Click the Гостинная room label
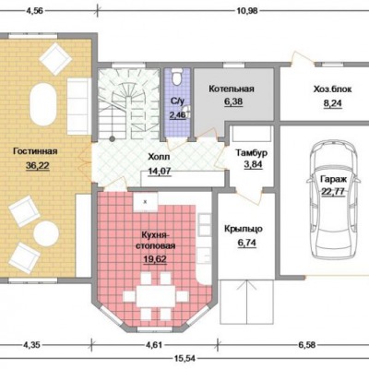pyautogui.click(x=35, y=151)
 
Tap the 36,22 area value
pyautogui.click(x=38, y=166)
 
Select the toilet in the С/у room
pyautogui.click(x=177, y=77)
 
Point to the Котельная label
pyautogui.click(x=232, y=89)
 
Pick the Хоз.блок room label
pyautogui.click(x=332, y=89)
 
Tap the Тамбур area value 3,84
pyautogui.click(x=253, y=164)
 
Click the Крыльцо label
pyautogui.click(x=244, y=229)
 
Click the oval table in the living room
pyautogui.click(x=43, y=104)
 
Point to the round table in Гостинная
pyautogui.click(x=46, y=233)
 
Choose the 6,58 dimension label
pyautogui.click(x=306, y=345)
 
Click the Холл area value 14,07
pyautogui.click(x=160, y=171)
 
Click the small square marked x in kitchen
pyautogui.click(x=146, y=202)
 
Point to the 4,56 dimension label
pyautogui.click(x=36, y=11)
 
